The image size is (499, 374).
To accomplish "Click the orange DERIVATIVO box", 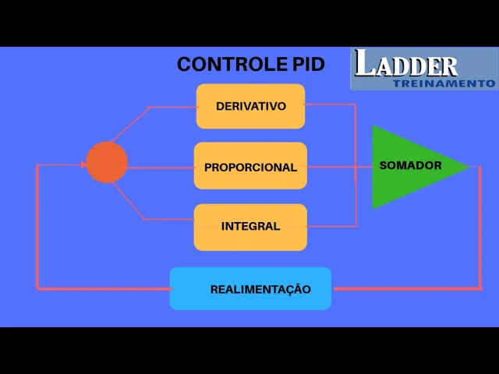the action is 250,106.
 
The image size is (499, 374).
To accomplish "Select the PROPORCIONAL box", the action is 250,166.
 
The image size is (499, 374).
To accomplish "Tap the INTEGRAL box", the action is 250,227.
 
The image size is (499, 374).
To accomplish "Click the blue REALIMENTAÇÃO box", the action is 250,289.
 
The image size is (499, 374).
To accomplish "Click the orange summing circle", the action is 107,163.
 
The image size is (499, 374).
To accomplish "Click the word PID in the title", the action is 309,64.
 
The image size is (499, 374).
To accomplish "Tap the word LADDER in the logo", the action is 405,65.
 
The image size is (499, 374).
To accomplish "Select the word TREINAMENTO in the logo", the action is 444,83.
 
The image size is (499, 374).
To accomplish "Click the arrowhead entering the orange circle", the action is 84,164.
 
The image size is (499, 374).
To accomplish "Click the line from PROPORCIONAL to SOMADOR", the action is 339,167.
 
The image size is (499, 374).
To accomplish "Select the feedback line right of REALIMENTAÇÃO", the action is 405,289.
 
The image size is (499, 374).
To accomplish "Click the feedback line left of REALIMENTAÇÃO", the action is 101,289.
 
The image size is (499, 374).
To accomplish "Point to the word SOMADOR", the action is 410,166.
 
